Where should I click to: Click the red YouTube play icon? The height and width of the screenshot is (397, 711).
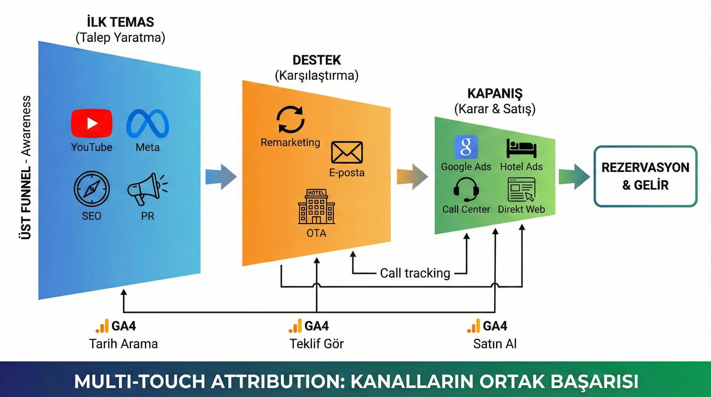click(92, 123)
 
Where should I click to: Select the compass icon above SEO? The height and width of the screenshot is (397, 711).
click(92, 189)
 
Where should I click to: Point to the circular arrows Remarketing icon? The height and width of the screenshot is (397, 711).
click(290, 120)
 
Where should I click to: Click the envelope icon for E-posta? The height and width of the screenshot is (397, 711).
click(347, 152)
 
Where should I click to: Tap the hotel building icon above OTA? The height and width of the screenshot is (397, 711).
click(316, 207)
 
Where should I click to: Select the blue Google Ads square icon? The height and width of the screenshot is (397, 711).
click(466, 147)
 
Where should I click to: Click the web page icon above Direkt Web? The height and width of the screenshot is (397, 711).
click(521, 190)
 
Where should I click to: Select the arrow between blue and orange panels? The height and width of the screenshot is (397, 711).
click(221, 177)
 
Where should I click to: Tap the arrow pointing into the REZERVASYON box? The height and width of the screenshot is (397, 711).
click(574, 177)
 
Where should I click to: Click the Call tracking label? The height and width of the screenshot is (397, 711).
click(415, 273)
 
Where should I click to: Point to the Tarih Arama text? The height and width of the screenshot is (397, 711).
click(123, 344)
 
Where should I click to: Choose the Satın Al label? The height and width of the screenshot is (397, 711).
click(494, 344)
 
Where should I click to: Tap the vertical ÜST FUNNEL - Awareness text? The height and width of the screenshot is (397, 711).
click(26, 167)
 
